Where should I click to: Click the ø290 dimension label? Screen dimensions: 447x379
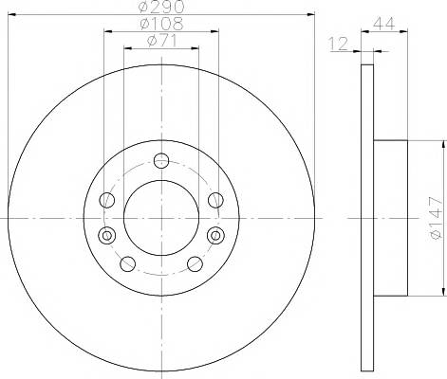[161, 7]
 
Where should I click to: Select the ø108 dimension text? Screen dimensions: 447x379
[161, 24]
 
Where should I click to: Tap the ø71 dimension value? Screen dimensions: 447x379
[161, 41]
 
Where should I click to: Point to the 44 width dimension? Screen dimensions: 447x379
[384, 24]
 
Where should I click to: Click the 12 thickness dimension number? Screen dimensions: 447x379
[339, 44]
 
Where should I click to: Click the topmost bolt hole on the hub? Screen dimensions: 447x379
[161, 161]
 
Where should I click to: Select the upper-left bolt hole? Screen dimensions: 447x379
[107, 200]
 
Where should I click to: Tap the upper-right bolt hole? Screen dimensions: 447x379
[215, 200]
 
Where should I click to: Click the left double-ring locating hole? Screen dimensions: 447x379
[107, 235]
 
